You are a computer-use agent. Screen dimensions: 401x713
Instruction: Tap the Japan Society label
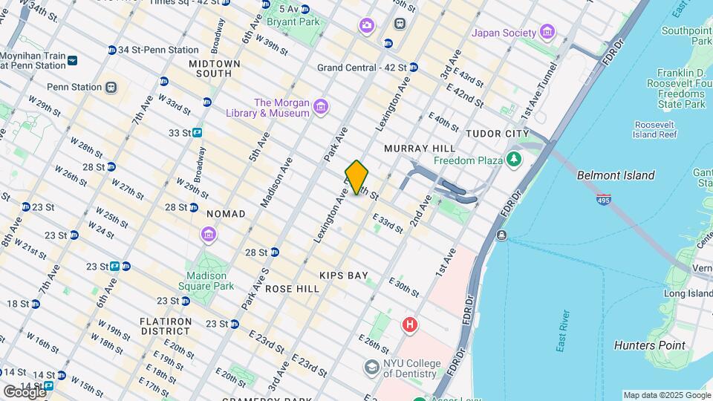504,33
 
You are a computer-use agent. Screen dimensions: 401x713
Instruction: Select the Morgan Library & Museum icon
321,108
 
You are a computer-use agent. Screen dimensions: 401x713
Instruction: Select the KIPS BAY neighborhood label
344,276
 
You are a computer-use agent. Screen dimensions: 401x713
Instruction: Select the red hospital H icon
408,325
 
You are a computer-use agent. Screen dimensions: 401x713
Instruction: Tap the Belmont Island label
616,175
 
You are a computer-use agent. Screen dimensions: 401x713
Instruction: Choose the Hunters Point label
650,345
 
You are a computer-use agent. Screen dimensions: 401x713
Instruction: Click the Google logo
25,391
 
